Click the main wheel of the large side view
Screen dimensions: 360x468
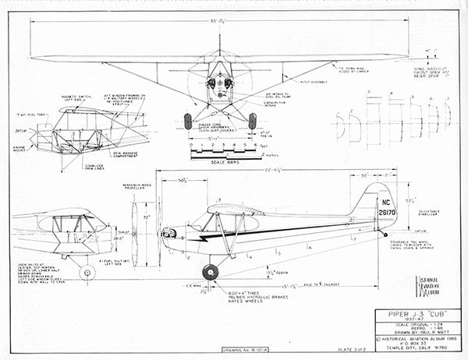coord(210,272)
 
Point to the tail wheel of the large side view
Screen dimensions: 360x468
coord(384,233)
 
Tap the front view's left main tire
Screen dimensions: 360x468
coord(187,121)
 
